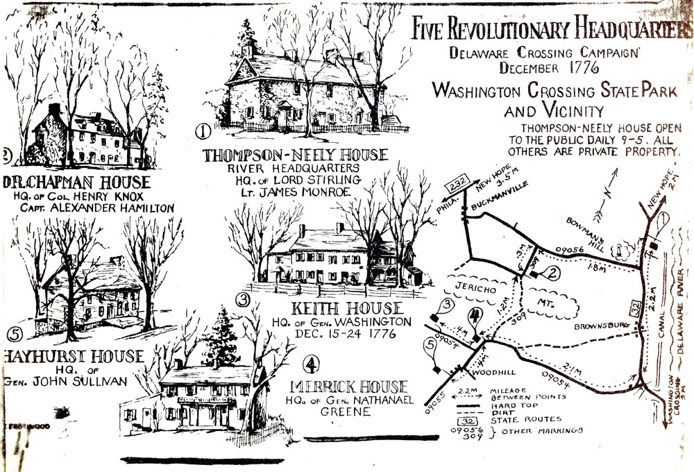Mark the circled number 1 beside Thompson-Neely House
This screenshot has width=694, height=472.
[203, 130]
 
